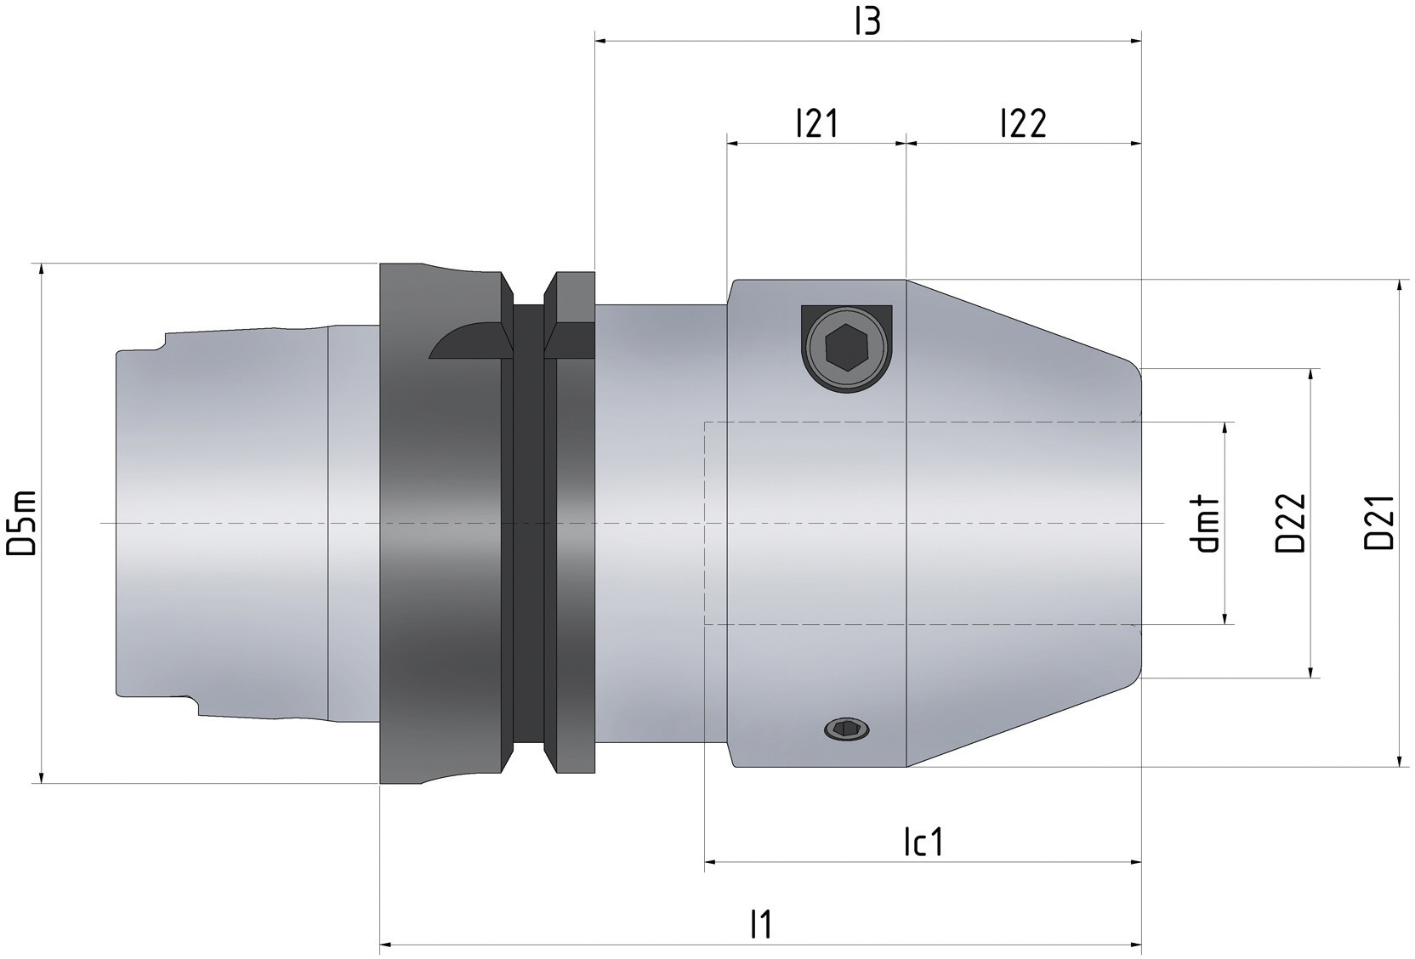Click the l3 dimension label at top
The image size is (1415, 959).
coord(867,23)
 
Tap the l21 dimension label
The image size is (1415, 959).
coord(816,124)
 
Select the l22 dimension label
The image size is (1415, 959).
coord(1023,124)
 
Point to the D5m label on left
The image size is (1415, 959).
coord(20,523)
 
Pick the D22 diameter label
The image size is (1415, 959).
coord(1290,523)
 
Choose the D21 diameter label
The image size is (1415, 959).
coord(1379,523)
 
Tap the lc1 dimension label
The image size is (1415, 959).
coord(923,843)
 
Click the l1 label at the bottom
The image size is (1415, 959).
coord(761,924)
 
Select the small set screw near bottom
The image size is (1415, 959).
coord(848,728)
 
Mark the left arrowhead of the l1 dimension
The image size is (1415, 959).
coord(385,944)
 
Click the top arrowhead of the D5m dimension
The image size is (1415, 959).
coord(41,270)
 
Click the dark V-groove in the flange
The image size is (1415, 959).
coord(528,523)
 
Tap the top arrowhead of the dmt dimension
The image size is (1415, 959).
coord(1225,427)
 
